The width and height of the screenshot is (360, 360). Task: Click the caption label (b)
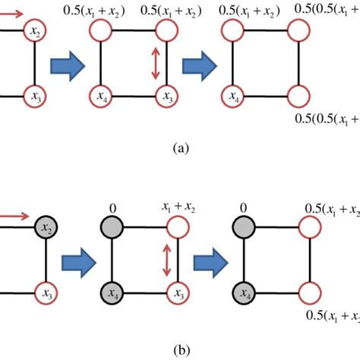point(179,351)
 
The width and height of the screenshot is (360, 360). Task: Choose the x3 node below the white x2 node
point(35,96)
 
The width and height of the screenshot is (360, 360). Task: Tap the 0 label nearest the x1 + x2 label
point(112,207)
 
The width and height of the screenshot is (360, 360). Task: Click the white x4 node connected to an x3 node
point(100,96)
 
